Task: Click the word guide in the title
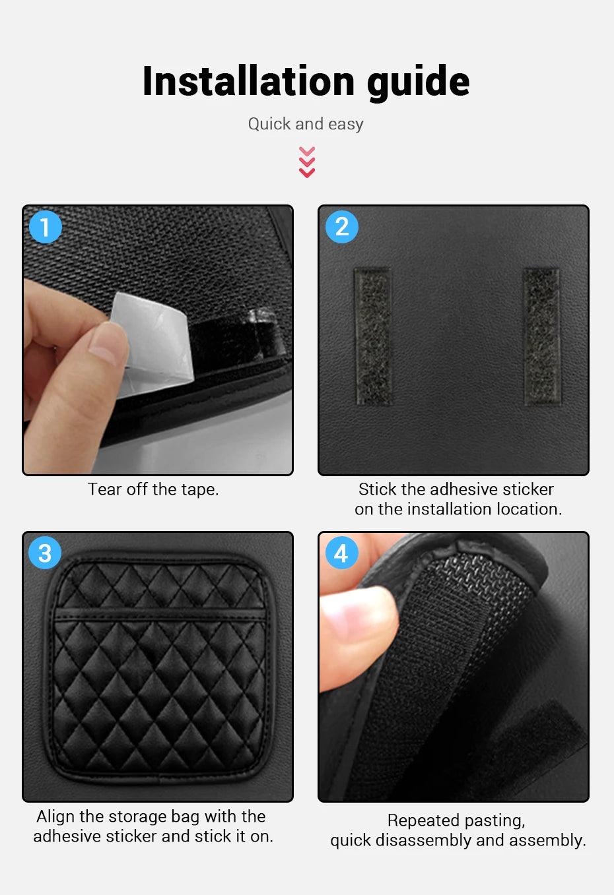point(418,81)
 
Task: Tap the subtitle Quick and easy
point(306,124)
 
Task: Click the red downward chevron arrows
point(306,162)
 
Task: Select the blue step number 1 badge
point(46,227)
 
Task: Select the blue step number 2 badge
point(341,227)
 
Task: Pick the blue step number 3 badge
point(45,553)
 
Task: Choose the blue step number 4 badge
point(341,553)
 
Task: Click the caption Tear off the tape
point(153,489)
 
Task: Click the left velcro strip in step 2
point(373,336)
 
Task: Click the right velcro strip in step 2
point(541,336)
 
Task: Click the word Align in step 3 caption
point(55,817)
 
